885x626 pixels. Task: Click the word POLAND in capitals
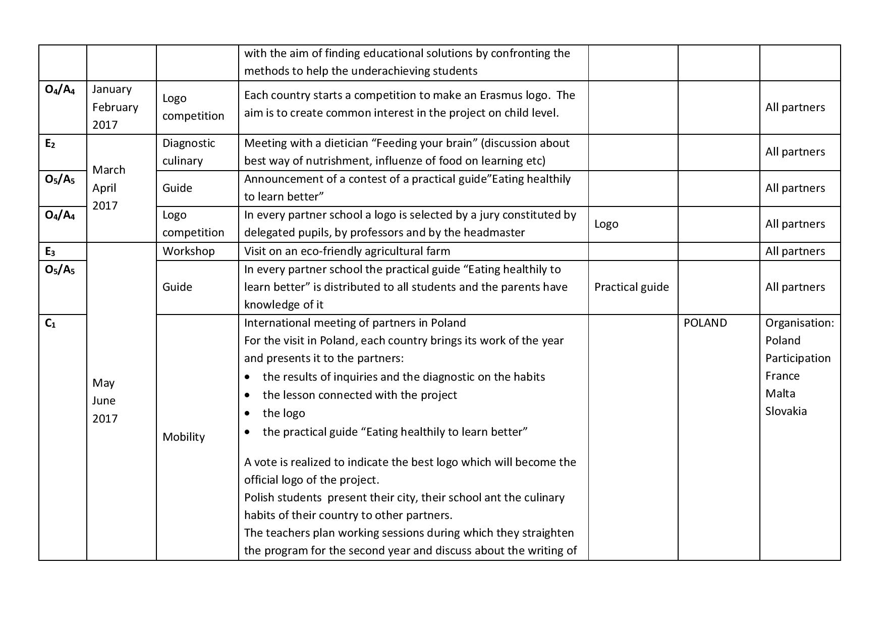705,323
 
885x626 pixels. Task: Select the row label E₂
50,144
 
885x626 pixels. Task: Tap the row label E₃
50,251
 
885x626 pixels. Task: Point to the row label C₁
50,324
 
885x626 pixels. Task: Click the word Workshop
188,251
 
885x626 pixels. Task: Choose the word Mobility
183,437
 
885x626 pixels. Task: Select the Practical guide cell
631,287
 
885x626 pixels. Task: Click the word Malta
780,394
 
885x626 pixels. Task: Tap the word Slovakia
786,411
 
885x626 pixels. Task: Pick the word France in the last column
782,376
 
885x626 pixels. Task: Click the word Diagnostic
189,143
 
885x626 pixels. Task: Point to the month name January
112,89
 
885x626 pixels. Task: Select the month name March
108,170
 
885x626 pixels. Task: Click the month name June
103,401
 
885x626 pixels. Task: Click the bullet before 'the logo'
247,413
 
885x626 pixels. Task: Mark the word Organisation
799,323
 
